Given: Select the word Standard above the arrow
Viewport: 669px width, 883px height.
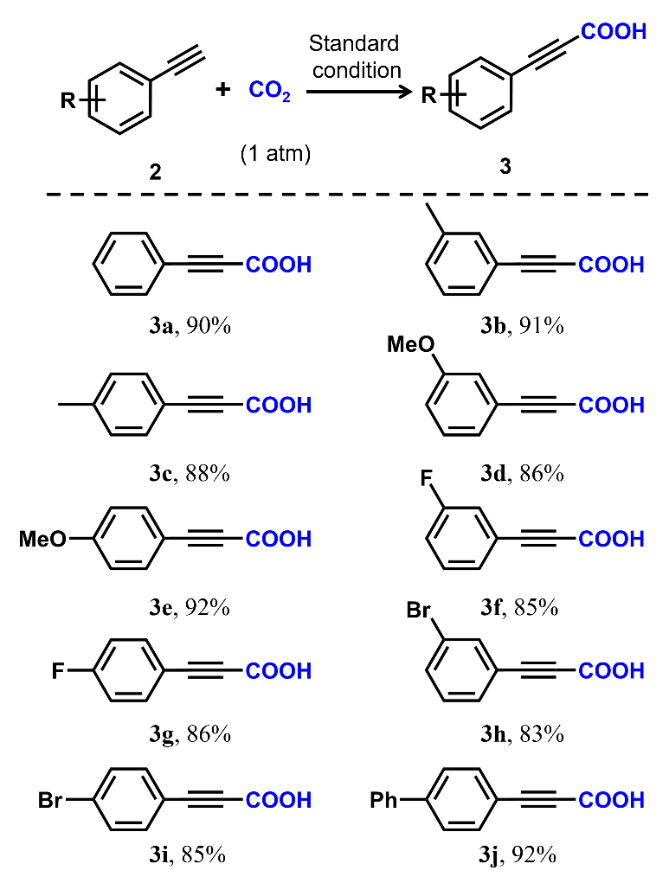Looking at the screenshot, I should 356,43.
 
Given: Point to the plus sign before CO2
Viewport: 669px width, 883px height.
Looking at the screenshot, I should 224,89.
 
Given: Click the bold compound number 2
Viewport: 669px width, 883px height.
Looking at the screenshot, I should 155,172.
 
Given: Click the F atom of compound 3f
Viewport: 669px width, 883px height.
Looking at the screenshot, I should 431,478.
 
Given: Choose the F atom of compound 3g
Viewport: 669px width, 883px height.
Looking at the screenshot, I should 59,670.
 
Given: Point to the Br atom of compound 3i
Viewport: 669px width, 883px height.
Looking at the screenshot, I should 51,800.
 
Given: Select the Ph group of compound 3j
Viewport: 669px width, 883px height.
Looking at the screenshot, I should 383,800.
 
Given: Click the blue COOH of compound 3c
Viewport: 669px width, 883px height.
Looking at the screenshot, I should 279,405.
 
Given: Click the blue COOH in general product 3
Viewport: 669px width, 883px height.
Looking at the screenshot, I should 614,33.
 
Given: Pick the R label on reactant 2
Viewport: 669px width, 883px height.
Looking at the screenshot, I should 66,103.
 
